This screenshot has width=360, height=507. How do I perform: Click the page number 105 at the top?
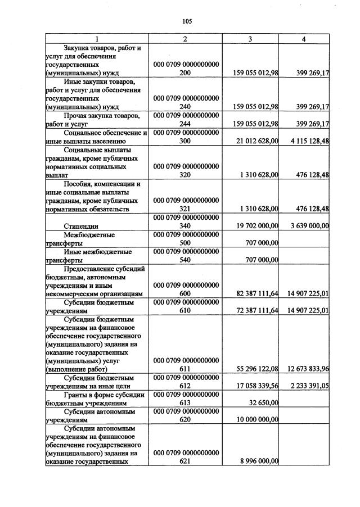[187, 21]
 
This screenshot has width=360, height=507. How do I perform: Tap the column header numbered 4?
[304, 39]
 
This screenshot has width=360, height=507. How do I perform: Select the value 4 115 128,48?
[307, 142]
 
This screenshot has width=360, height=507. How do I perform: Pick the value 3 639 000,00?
[307, 226]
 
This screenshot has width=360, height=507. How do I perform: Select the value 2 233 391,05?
[307, 386]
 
